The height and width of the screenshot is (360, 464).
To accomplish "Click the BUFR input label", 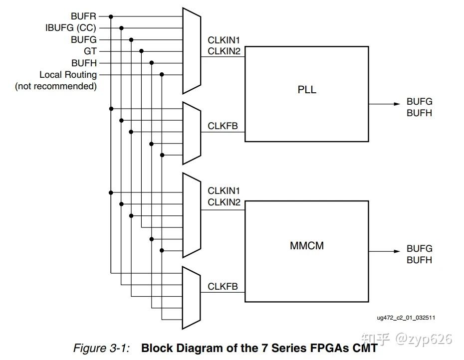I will click(83, 16).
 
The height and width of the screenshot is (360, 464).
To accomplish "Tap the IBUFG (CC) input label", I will click(71, 28).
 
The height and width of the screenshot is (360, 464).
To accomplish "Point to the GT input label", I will click(90, 51).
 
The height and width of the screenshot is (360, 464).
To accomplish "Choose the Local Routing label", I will click(68, 75).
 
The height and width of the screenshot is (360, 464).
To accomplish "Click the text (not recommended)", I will click(56, 86).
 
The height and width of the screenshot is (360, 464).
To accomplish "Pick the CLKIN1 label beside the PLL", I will click(224, 39).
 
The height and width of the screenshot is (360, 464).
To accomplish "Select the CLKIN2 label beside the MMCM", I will click(224, 202).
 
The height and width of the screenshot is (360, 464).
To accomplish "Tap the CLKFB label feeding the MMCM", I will click(223, 287).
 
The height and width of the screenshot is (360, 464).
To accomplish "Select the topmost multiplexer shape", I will click(191, 51).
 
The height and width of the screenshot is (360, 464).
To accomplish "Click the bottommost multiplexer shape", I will click(191, 298).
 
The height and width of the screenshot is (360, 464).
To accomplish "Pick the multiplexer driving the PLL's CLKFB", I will click(191, 133).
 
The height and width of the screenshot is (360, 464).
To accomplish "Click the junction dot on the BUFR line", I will click(111, 16).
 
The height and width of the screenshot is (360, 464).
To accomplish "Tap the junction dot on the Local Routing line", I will click(162, 75).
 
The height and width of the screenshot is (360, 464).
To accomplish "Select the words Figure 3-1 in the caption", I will click(101, 348).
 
